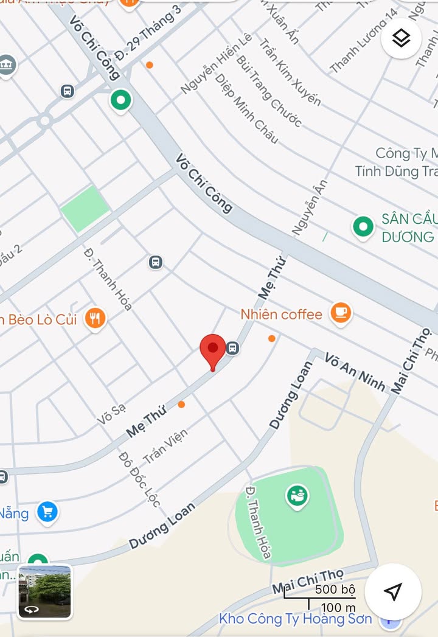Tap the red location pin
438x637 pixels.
213,349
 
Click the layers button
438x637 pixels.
401,38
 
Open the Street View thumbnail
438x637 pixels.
45,592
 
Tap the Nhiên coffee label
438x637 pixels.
281,314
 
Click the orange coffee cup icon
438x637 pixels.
341,313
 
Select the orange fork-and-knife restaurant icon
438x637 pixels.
95,318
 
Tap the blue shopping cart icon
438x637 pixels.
47,512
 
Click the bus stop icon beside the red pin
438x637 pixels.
232,348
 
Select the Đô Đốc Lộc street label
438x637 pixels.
140,479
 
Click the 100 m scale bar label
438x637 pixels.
339,607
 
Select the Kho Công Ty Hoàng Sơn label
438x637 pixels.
295,619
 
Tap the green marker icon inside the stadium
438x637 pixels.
297,496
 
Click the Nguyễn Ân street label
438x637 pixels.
310,207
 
